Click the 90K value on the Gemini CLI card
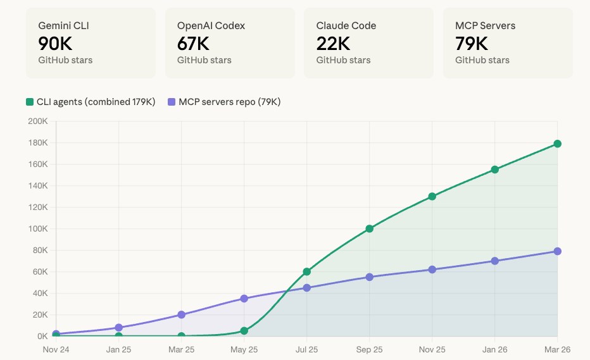[x=55, y=44]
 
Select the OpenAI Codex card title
[x=211, y=25]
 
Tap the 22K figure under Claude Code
[x=333, y=44]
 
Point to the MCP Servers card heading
[x=485, y=25]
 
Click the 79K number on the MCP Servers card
[x=472, y=44]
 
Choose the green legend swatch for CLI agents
[x=30, y=102]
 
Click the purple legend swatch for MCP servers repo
[x=172, y=102]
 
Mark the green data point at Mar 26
[x=557, y=144]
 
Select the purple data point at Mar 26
[x=557, y=251]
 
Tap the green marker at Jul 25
[x=306, y=271]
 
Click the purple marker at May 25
[x=244, y=299]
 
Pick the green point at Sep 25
[x=370, y=228]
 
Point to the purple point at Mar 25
[x=181, y=314]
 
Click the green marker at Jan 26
[x=495, y=170]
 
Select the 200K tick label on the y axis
[x=37, y=121]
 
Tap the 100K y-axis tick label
[x=37, y=228]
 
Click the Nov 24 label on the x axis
[x=56, y=349]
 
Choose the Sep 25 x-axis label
[x=370, y=349]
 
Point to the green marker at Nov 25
[x=432, y=196]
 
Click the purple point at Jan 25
[x=118, y=328]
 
